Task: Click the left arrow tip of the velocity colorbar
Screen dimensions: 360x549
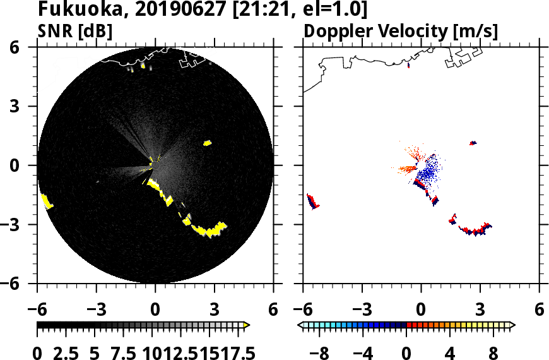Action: click(x=300, y=325)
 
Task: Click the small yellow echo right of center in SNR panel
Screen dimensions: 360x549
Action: click(x=207, y=143)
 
